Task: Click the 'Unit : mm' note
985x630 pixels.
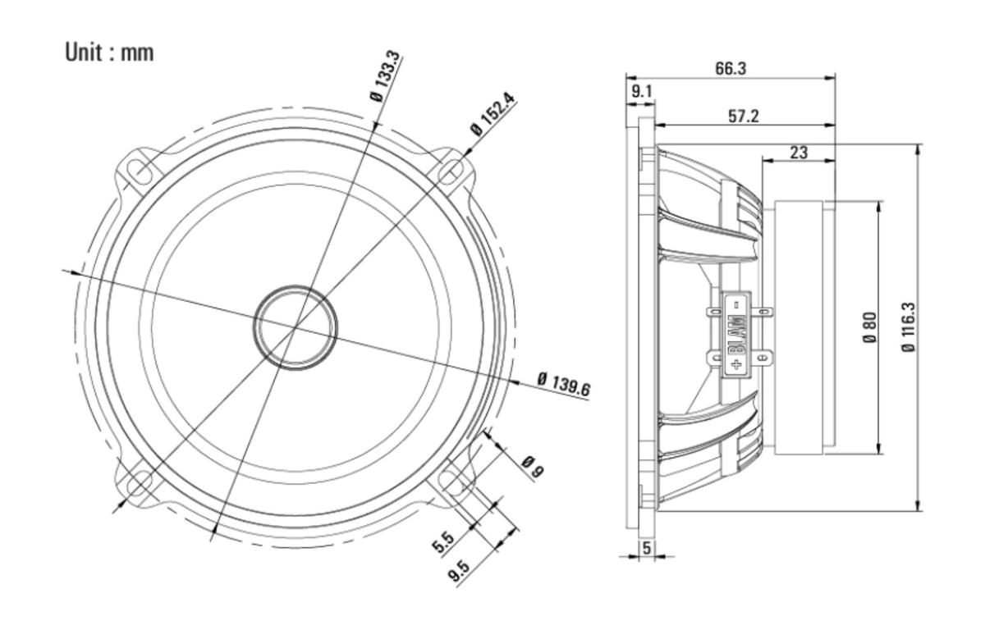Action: pos(109,52)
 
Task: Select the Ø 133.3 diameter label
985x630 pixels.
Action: pos(385,77)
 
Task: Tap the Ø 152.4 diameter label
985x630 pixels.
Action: pos(492,114)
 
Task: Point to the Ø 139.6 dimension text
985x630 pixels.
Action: pos(564,385)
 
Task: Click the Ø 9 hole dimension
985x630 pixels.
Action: pos(533,467)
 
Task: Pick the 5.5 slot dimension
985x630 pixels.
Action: pos(443,542)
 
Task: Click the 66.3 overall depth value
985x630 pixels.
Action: pos(731,69)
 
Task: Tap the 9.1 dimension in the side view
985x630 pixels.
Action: pos(642,91)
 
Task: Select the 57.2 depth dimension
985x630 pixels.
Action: pos(744,116)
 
